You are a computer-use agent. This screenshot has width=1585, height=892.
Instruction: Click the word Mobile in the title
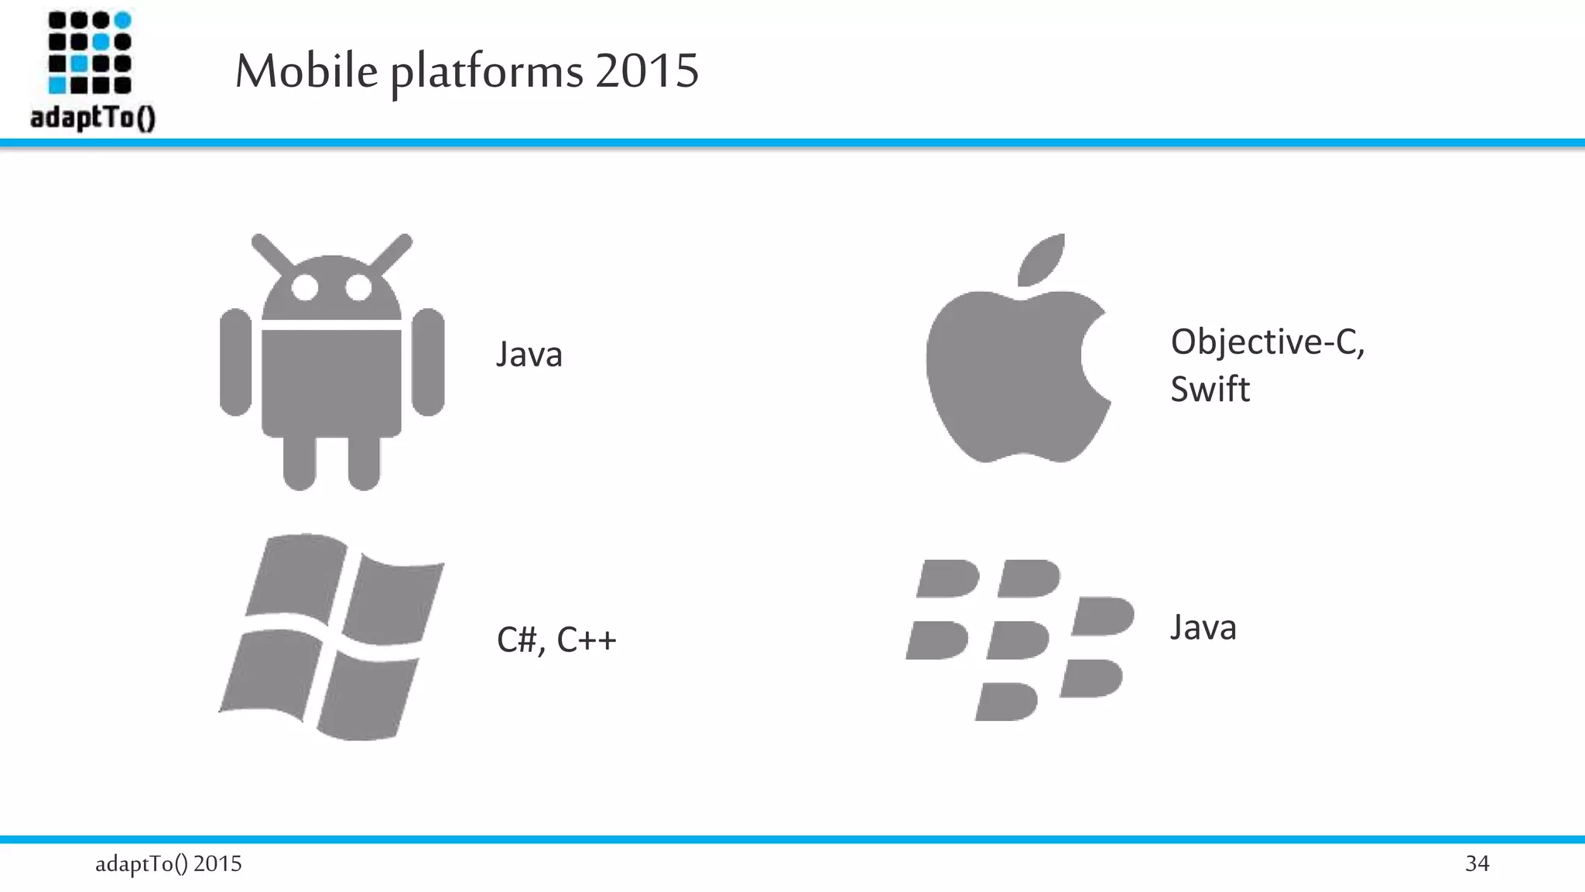point(306,71)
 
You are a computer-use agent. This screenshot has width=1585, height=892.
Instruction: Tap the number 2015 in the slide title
point(647,71)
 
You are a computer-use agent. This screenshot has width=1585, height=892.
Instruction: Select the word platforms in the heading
point(486,73)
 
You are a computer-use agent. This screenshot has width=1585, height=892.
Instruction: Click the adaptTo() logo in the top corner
point(92,71)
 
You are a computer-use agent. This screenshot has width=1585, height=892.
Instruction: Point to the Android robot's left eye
point(305,288)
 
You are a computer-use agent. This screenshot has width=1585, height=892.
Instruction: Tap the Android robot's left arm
point(235,362)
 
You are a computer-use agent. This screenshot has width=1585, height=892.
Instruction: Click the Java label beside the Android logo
point(529,355)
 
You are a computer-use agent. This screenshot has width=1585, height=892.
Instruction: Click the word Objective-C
point(1267,341)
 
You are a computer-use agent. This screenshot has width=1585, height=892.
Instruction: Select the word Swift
point(1210,389)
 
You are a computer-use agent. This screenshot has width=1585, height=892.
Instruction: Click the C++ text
point(587,640)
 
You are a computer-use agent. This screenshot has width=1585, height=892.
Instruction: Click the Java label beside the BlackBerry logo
point(1203,627)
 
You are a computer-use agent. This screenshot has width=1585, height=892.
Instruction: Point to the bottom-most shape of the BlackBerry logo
point(1006,702)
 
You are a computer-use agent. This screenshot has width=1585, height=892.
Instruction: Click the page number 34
point(1477,863)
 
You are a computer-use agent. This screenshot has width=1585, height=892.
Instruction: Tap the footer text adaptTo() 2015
point(169,863)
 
